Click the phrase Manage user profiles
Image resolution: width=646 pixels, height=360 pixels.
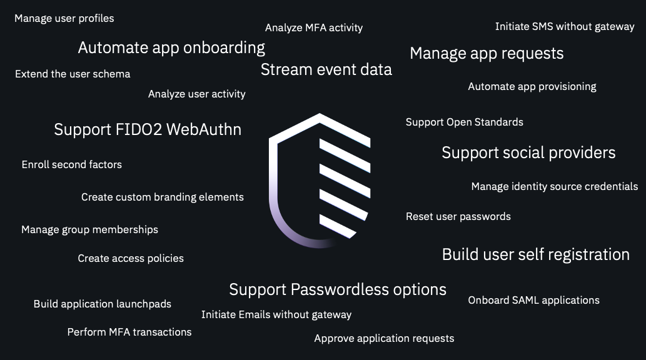click(x=64, y=19)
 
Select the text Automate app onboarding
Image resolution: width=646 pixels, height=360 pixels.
click(x=171, y=47)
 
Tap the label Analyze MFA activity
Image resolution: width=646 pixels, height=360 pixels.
click(x=314, y=28)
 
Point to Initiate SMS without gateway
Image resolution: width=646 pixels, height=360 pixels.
click(x=565, y=27)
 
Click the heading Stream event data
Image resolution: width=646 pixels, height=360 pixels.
click(x=326, y=69)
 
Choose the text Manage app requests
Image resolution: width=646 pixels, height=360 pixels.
click(x=487, y=54)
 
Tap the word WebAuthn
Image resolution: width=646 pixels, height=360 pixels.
click(x=204, y=130)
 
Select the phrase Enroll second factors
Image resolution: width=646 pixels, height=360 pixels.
click(x=72, y=165)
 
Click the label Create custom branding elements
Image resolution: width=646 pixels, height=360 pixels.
click(x=163, y=197)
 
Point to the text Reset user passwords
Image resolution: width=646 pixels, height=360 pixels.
click(x=458, y=217)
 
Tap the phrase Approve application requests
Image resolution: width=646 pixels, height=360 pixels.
click(x=385, y=339)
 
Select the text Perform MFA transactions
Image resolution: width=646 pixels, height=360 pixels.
click(x=129, y=332)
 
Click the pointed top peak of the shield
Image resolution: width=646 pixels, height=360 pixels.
click(x=320, y=114)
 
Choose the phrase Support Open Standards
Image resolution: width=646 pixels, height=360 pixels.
click(x=465, y=122)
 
